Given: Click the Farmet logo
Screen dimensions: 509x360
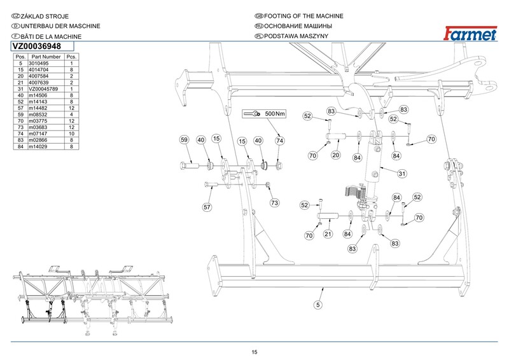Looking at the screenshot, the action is pyautogui.click(x=470, y=34).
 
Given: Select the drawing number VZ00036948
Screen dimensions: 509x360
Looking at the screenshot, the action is pyautogui.click(x=37, y=46).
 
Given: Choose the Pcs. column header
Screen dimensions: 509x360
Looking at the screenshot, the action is pyautogui.click(x=71, y=57).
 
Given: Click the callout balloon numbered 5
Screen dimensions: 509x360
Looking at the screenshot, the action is pyautogui.click(x=317, y=305).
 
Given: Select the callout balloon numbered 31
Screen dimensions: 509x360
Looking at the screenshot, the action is pyautogui.click(x=402, y=174).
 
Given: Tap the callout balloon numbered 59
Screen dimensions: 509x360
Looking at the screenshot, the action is pyautogui.click(x=184, y=140).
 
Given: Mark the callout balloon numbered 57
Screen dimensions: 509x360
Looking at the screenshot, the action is pyautogui.click(x=207, y=207).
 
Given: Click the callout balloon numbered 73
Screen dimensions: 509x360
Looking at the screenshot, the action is pyautogui.click(x=274, y=203).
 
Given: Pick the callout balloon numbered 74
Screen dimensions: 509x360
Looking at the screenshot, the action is pyautogui.click(x=279, y=141).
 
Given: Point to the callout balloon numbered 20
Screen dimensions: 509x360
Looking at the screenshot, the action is pyautogui.click(x=336, y=155).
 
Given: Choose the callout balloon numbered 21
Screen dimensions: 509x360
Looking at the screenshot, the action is pyautogui.click(x=328, y=234).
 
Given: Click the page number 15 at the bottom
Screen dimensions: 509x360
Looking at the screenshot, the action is pyautogui.click(x=254, y=352).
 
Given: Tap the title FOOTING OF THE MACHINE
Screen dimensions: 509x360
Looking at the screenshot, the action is pyautogui.click(x=303, y=16).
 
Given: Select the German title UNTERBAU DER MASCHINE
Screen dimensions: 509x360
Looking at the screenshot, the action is pyautogui.click(x=60, y=26).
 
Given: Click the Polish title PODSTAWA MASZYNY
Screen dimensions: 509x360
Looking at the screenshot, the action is pyautogui.click(x=296, y=36).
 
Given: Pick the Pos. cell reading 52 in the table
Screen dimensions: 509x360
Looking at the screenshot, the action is pyautogui.click(x=21, y=102).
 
